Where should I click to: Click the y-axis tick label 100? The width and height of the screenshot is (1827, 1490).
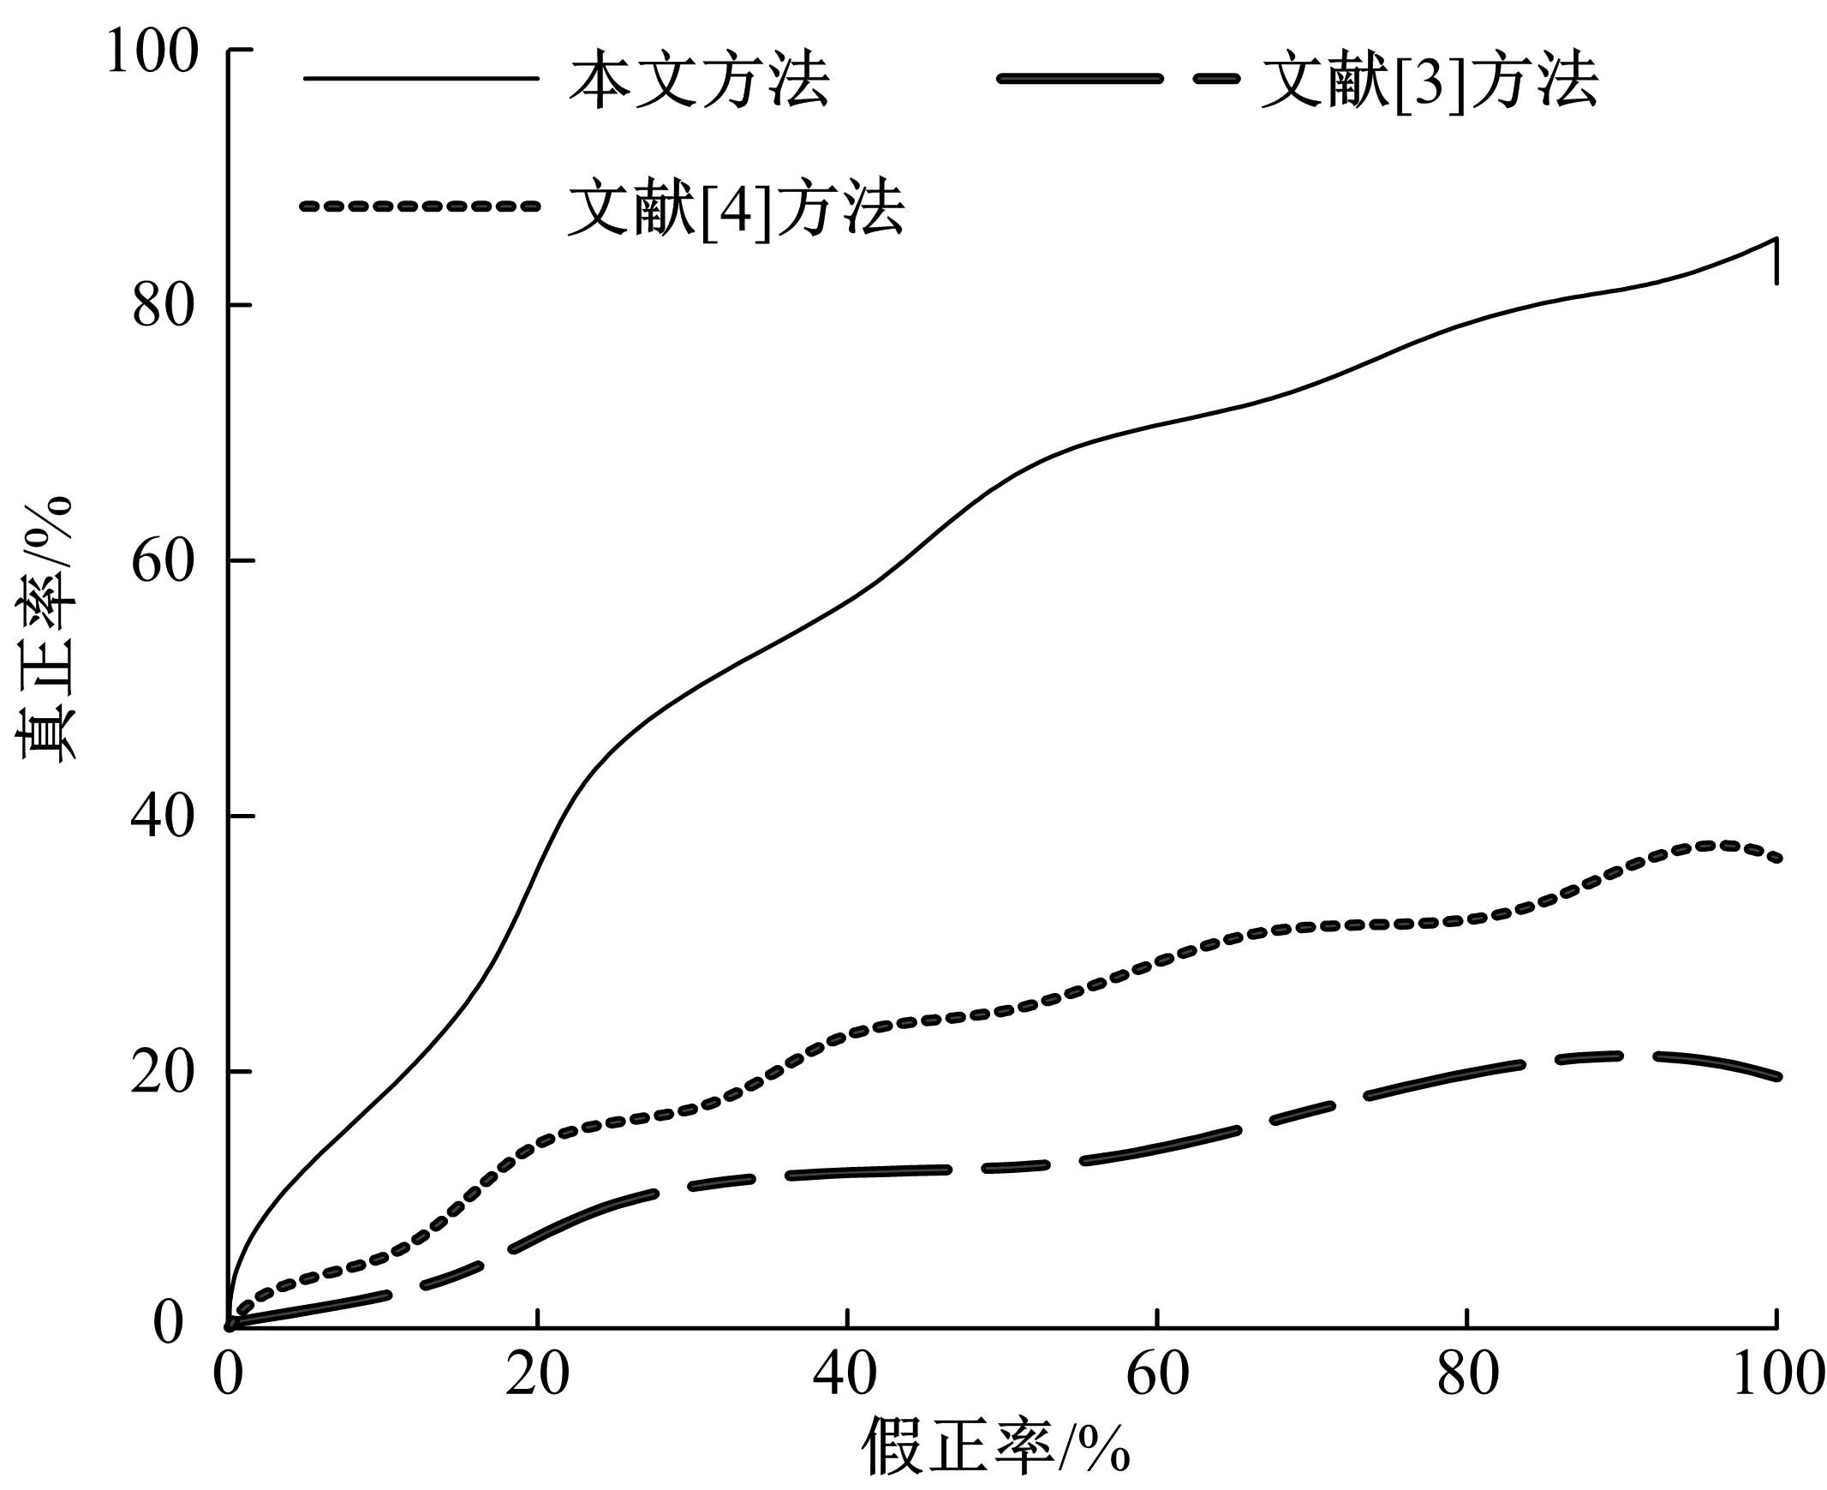(x=152, y=51)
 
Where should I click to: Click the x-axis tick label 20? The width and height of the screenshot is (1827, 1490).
(x=537, y=1375)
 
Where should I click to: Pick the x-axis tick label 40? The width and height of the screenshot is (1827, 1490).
(x=847, y=1375)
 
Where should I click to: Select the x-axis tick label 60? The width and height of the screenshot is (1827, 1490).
(x=1158, y=1375)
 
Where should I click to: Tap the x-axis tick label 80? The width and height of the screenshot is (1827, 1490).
(x=1467, y=1375)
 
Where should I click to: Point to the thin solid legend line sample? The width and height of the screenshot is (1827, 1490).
(x=421, y=79)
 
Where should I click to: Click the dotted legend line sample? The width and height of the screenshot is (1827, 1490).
(x=421, y=206)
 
